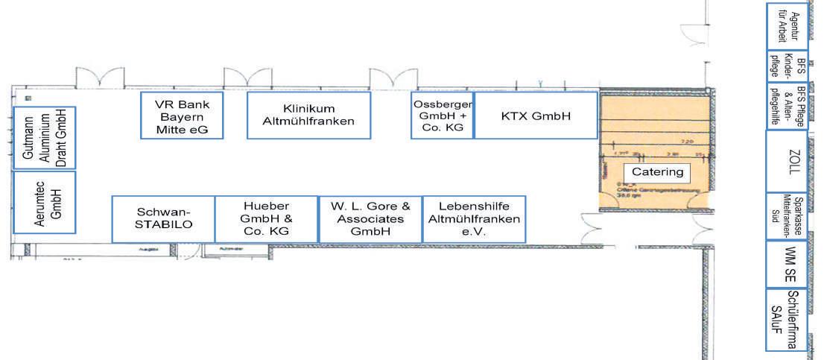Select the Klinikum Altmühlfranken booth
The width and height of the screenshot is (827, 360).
click(308, 115)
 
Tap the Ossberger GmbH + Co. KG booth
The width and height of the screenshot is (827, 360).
click(442, 115)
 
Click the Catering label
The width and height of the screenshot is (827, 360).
click(657, 172)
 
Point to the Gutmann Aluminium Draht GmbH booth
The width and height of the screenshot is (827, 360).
click(45, 137)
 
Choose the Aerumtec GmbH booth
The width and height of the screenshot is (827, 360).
click(45, 201)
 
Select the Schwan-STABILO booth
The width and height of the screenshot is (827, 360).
click(163, 219)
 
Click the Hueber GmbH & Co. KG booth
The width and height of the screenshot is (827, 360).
click(266, 219)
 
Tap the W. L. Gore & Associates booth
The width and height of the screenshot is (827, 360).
click(370, 219)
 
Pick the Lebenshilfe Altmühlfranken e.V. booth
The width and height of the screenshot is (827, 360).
click(473, 219)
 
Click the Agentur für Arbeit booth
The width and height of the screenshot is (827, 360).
click(787, 26)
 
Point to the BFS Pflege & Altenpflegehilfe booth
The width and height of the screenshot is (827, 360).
click(787, 106)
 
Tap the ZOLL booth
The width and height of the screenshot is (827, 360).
click(787, 161)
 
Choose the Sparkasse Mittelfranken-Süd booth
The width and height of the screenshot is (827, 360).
click(787, 215)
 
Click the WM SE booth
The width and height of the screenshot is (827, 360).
click(787, 264)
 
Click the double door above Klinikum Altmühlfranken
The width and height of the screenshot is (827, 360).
click(247, 77)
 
